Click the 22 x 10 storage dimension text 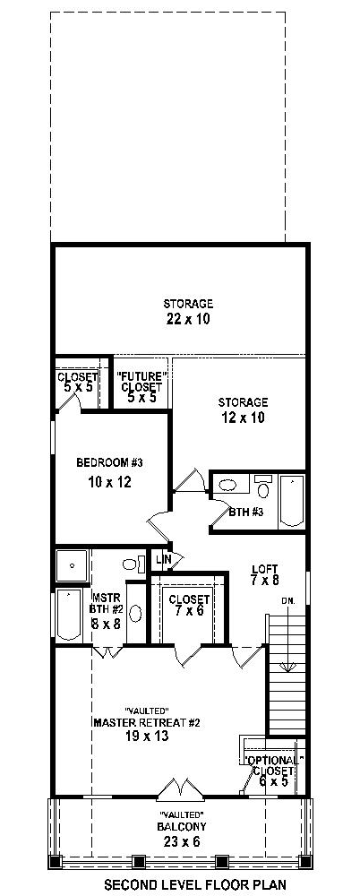188,319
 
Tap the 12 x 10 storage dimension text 243,418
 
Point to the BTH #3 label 245,512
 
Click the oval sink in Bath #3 227,486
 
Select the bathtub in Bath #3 292,501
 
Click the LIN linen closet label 163,559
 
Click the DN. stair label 288,600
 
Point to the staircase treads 287,675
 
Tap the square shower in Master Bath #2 72,565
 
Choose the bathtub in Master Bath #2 69,615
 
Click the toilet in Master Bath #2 132,564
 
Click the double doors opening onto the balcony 181,789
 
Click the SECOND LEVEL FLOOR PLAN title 181,883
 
